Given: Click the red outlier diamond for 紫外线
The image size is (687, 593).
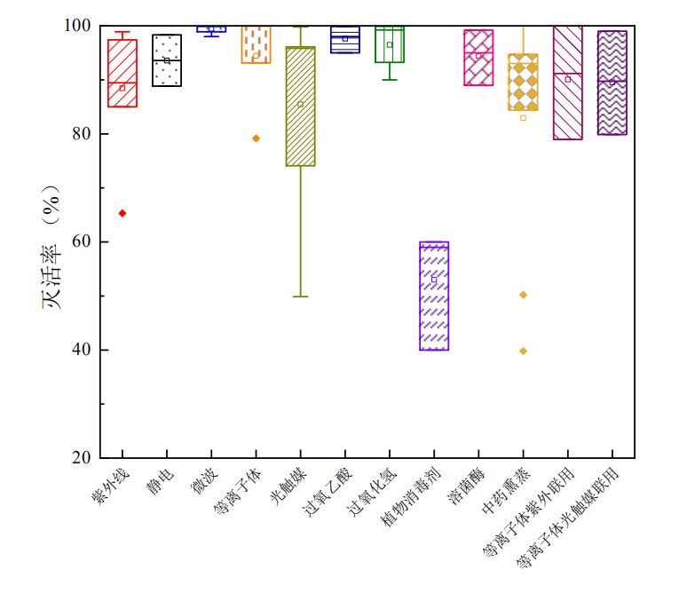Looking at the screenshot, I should click(122, 213).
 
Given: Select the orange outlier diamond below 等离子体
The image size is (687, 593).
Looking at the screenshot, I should click(256, 138).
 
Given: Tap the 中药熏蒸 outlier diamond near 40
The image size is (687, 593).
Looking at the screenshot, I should click(523, 351).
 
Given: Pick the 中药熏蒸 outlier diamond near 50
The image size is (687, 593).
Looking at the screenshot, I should click(523, 295).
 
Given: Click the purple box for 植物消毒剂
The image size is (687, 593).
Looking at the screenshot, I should click(434, 296).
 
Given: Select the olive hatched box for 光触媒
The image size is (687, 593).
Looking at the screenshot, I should click(300, 107).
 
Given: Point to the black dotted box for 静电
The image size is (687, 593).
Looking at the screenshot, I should click(167, 60).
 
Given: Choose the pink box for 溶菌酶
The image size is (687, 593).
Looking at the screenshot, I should click(478, 58).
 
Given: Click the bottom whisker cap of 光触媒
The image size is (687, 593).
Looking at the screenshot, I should click(300, 296).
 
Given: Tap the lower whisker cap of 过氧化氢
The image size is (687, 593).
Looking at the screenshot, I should click(390, 80).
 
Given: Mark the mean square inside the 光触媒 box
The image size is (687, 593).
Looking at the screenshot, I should click(300, 104).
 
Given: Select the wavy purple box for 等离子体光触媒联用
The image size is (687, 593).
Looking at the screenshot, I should click(612, 83).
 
